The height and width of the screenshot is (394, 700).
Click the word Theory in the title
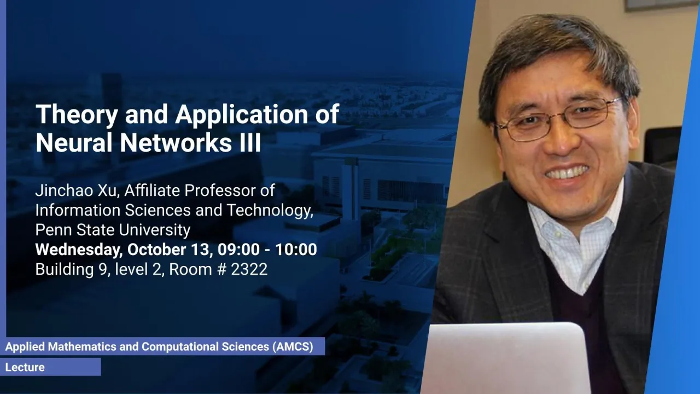pyautogui.click(x=77, y=115)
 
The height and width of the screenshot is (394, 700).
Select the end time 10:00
pyautogui.click(x=296, y=250)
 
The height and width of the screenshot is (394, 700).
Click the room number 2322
pyautogui.click(x=249, y=269)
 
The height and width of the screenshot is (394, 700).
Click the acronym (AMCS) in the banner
pyautogui.click(x=293, y=346)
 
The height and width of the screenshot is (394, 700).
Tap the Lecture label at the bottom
pyautogui.click(x=25, y=367)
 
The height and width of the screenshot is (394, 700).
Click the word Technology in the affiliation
pyautogui.click(x=270, y=211)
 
